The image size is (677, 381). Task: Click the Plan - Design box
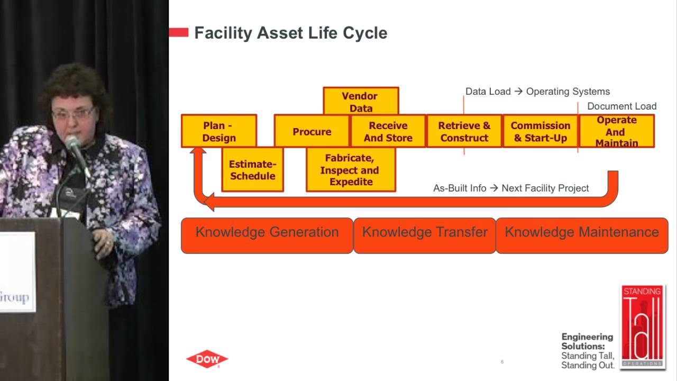[x=218, y=131]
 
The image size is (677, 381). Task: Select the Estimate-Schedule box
[x=252, y=169]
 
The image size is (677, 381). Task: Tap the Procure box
[x=312, y=131]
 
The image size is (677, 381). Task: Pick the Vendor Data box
[x=360, y=102]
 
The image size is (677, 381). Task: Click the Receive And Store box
[x=388, y=131]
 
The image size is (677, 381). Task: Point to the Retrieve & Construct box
[x=464, y=131]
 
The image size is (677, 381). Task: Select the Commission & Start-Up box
[x=540, y=131]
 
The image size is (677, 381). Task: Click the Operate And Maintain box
[x=617, y=131]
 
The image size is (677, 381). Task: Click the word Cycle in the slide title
[x=364, y=33]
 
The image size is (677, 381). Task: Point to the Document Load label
[x=621, y=106]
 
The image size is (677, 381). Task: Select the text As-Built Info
[x=459, y=188]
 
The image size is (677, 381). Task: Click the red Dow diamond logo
[x=207, y=359]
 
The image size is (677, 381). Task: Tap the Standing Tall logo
[x=642, y=326]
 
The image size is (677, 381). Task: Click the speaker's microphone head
[x=73, y=144]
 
